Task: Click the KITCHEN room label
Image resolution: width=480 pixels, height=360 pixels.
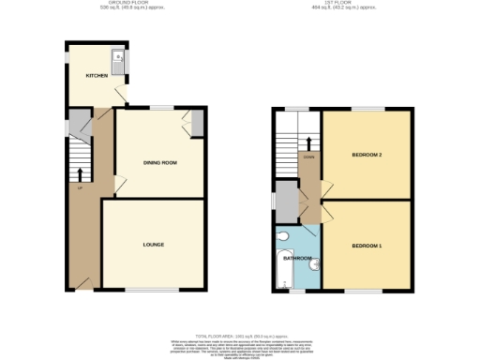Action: click(x=96, y=75)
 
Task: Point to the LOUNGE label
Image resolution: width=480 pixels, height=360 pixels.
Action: click(x=154, y=245)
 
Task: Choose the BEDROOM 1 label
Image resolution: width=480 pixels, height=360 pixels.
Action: click(x=366, y=246)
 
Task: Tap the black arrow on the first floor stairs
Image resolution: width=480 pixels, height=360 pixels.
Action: click(x=307, y=142)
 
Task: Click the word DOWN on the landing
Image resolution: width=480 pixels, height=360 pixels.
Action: click(x=307, y=157)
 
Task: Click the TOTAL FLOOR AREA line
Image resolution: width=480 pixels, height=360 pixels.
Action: click(x=240, y=335)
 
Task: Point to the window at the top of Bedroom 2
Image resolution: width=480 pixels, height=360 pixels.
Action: click(x=366, y=109)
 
